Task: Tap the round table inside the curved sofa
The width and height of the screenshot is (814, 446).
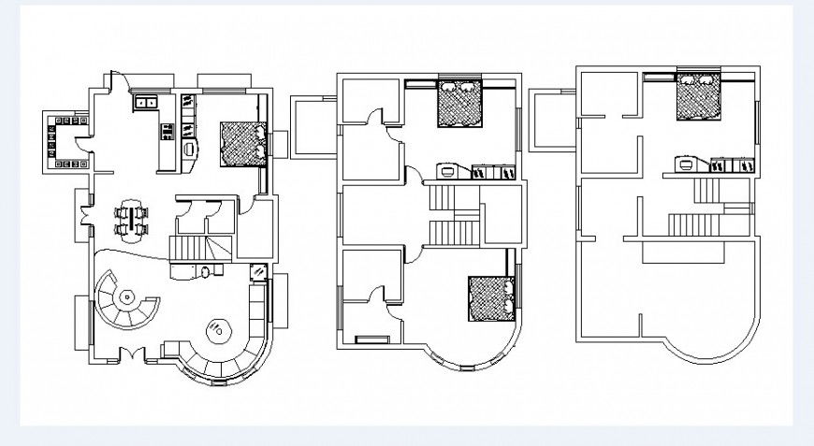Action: pos(219,329)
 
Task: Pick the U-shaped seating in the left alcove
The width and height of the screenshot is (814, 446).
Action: pos(59,141)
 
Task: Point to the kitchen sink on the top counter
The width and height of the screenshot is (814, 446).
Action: pos(147,101)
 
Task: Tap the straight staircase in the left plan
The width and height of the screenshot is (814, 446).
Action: pos(188,249)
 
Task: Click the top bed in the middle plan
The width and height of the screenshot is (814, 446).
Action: pos(459,103)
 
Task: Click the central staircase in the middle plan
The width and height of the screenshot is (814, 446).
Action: pos(454,215)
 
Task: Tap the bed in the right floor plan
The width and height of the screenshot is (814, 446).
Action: pos(699,96)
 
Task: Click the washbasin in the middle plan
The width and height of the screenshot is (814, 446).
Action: pos(448,170)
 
